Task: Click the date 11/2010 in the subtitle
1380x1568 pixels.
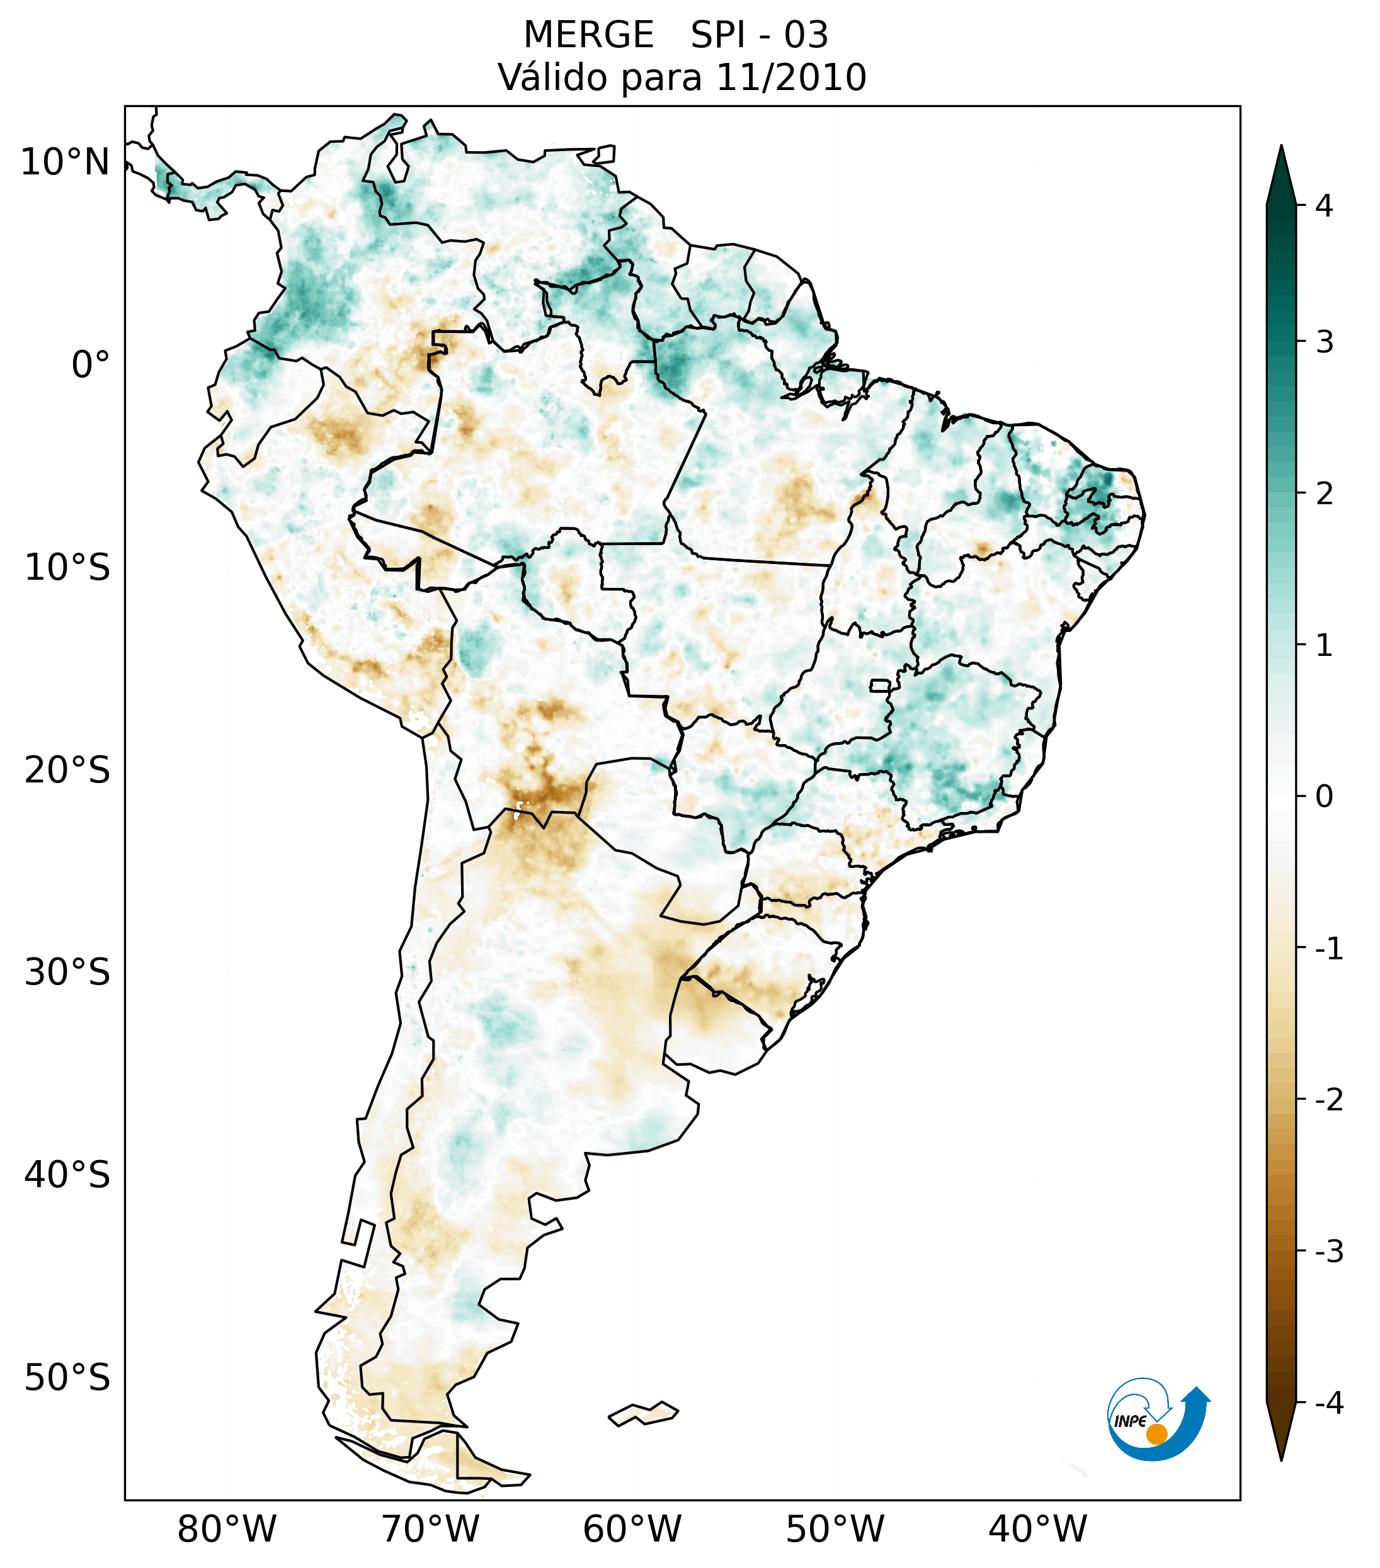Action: point(790,78)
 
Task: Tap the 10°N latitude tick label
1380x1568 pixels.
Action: point(64,162)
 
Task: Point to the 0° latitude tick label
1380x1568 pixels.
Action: point(90,365)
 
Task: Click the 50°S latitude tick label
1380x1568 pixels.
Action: point(67,1379)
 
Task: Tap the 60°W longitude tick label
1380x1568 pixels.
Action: point(632,1529)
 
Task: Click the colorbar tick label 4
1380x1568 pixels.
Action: point(1324,206)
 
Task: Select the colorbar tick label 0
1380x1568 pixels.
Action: point(1324,797)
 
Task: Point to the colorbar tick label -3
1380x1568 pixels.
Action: point(1328,1251)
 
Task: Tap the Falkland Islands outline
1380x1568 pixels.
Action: point(643,1413)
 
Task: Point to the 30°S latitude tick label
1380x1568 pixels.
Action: point(67,973)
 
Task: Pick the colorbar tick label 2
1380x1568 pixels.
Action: point(1324,494)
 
